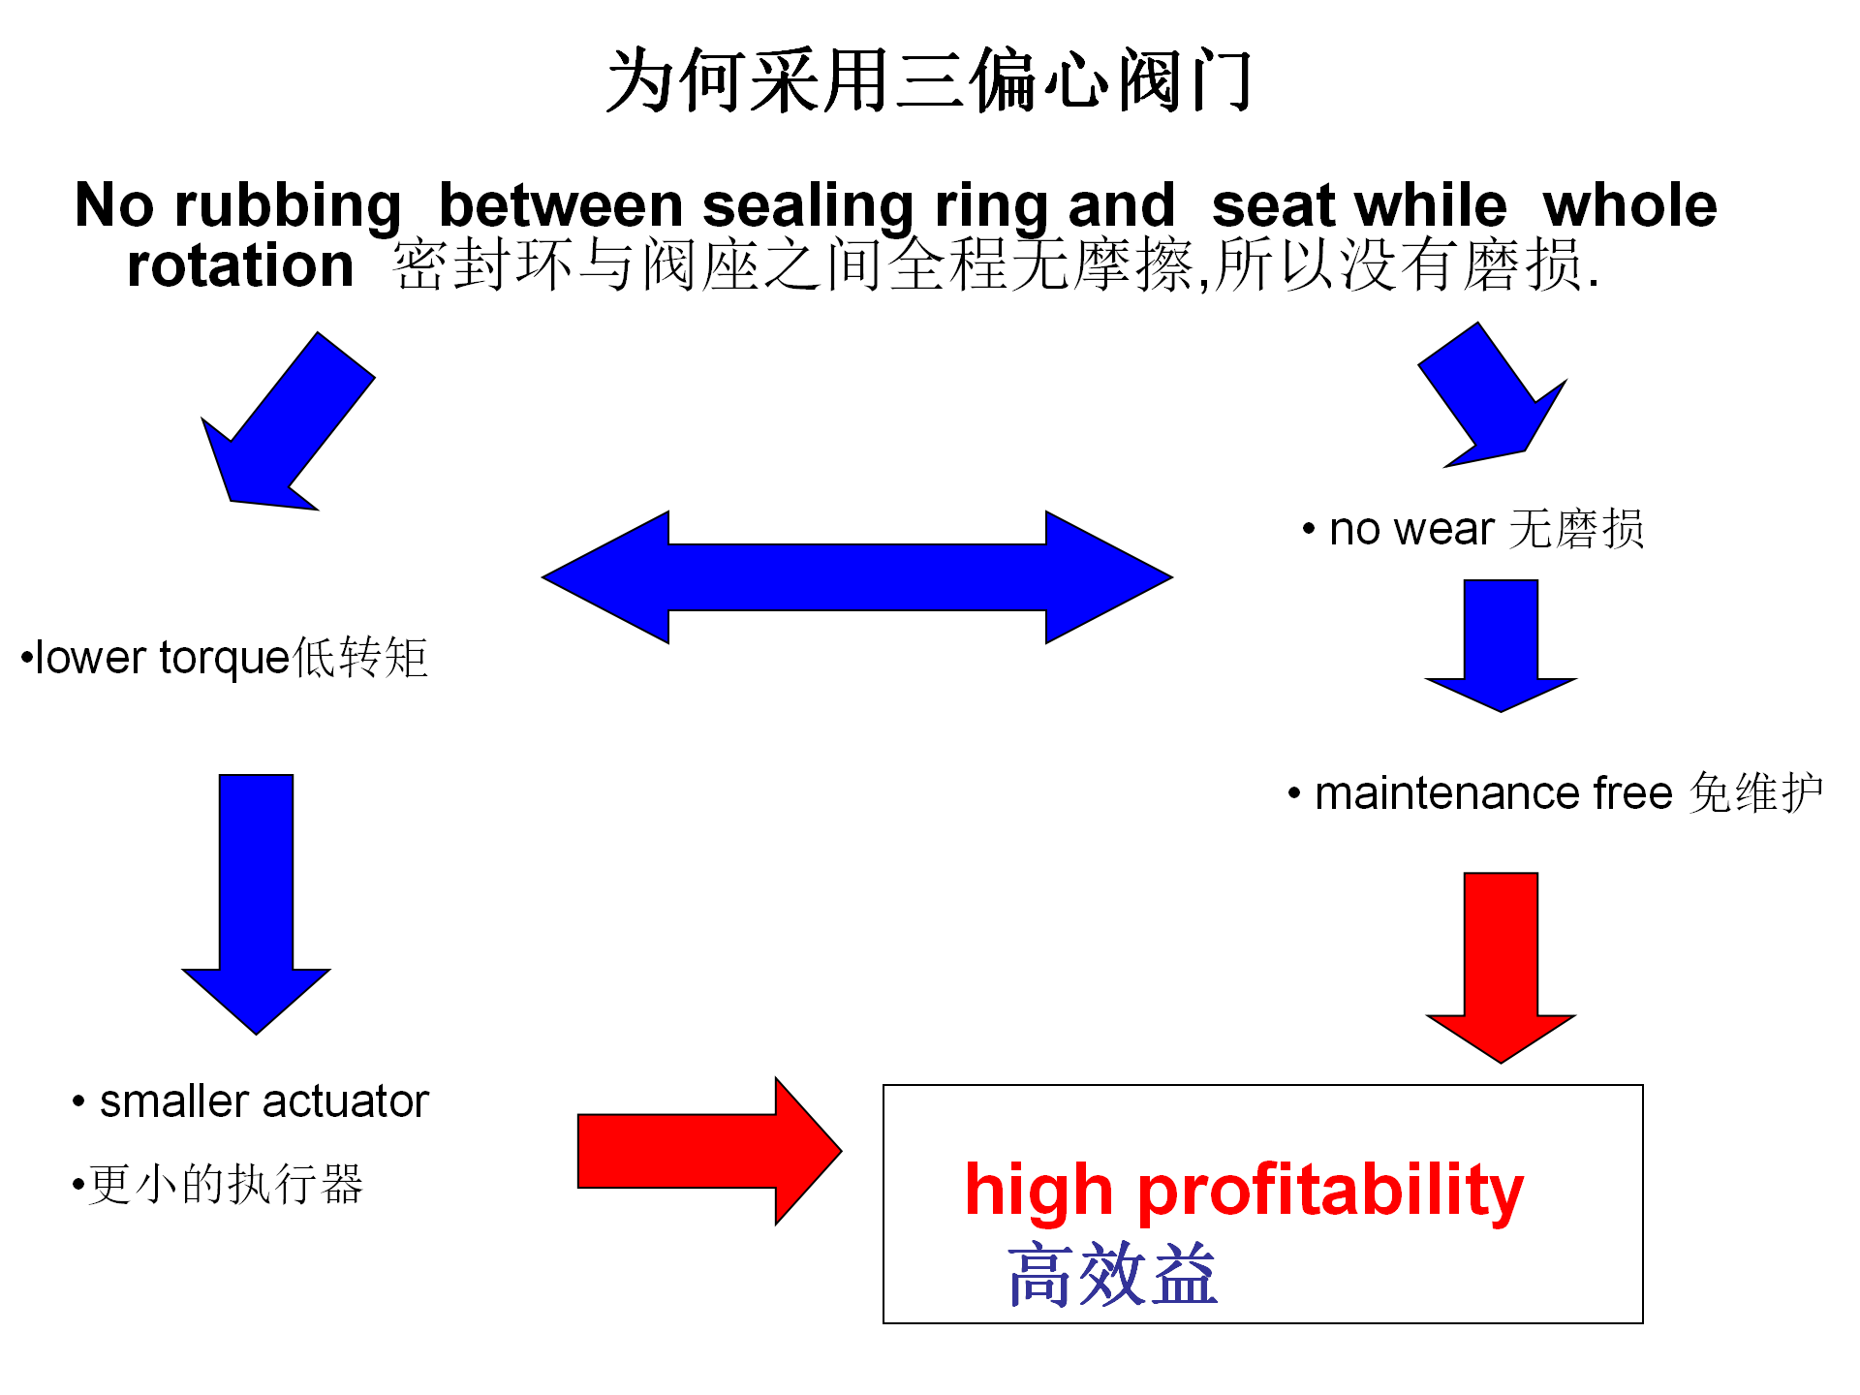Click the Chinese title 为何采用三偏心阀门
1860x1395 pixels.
point(928,79)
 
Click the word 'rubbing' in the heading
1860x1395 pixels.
point(288,206)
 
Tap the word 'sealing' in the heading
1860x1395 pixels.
point(808,206)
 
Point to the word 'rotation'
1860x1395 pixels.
point(240,265)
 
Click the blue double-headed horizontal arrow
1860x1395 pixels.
point(857,577)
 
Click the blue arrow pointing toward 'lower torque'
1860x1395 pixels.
point(288,421)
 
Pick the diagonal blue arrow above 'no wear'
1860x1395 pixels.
point(1493,395)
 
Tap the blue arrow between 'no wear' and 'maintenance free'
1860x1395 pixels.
point(1501,645)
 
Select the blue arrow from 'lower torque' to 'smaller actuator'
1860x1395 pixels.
point(256,903)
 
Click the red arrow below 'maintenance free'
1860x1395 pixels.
point(1501,967)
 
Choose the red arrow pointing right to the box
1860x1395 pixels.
point(709,1151)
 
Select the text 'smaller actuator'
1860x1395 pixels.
point(264,1101)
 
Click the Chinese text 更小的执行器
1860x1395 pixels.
point(226,1184)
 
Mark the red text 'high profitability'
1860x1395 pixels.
point(1244,1191)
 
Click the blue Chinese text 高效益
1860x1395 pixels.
point(1112,1275)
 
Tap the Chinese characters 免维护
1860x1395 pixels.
point(1756,793)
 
